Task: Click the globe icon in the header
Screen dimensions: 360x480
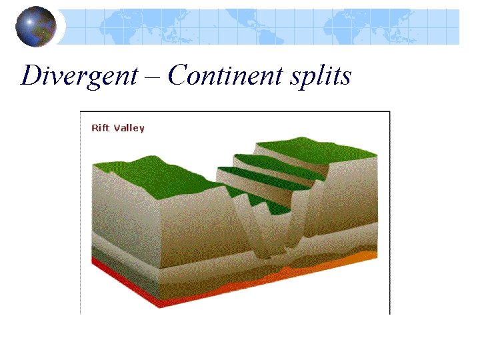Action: click(36, 27)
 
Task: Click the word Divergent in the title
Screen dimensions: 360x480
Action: click(79, 76)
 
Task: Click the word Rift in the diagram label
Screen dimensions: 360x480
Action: click(100, 127)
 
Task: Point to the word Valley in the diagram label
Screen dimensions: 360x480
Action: click(129, 127)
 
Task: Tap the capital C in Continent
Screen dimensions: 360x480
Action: click(178, 75)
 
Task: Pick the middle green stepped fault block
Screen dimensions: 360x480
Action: click(267, 173)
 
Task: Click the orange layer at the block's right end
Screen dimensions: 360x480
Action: click(363, 257)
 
